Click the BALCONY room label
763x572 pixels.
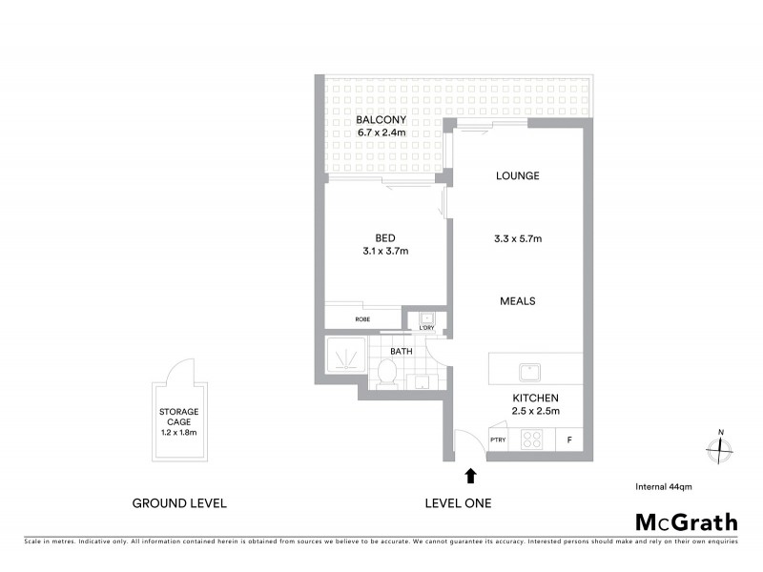381,120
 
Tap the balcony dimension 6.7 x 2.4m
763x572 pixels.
381,133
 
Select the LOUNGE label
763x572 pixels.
518,175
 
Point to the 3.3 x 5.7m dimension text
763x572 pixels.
518,238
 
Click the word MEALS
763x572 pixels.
518,301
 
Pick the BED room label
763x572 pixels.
385,238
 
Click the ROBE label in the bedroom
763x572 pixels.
362,319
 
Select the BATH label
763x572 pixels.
401,351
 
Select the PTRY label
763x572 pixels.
497,439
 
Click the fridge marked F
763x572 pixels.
569,440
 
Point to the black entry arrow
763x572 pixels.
469,473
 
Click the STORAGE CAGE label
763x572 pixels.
178,417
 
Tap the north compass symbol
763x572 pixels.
721,445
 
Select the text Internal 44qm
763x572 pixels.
663,486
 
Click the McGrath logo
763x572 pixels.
686,521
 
